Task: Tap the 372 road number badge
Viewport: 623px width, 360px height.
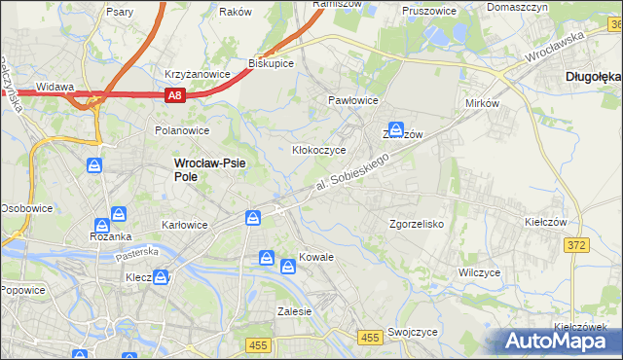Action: coord(576,245)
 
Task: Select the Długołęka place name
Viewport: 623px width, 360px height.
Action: coord(593,76)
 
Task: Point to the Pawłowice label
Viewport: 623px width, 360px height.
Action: coord(352,100)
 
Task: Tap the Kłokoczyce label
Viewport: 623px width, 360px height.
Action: coord(320,151)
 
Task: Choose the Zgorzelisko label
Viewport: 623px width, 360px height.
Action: coord(417,224)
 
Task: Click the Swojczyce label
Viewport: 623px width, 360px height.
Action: coord(412,332)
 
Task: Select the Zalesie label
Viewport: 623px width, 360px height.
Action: coord(294,312)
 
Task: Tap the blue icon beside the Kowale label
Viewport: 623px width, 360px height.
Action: coord(288,266)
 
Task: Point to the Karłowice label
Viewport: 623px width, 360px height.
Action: coord(185,225)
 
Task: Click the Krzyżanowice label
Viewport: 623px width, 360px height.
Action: coord(197,74)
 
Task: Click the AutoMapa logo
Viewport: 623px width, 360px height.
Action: coord(562,341)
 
